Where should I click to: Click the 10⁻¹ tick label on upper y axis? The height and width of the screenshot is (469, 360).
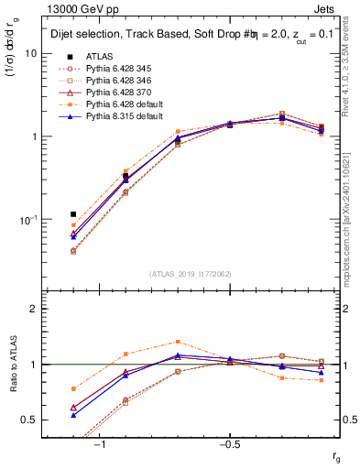tap(28, 220)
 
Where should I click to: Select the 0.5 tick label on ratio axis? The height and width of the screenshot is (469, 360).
tap(29, 420)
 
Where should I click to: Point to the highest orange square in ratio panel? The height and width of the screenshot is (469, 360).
tap(178, 342)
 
